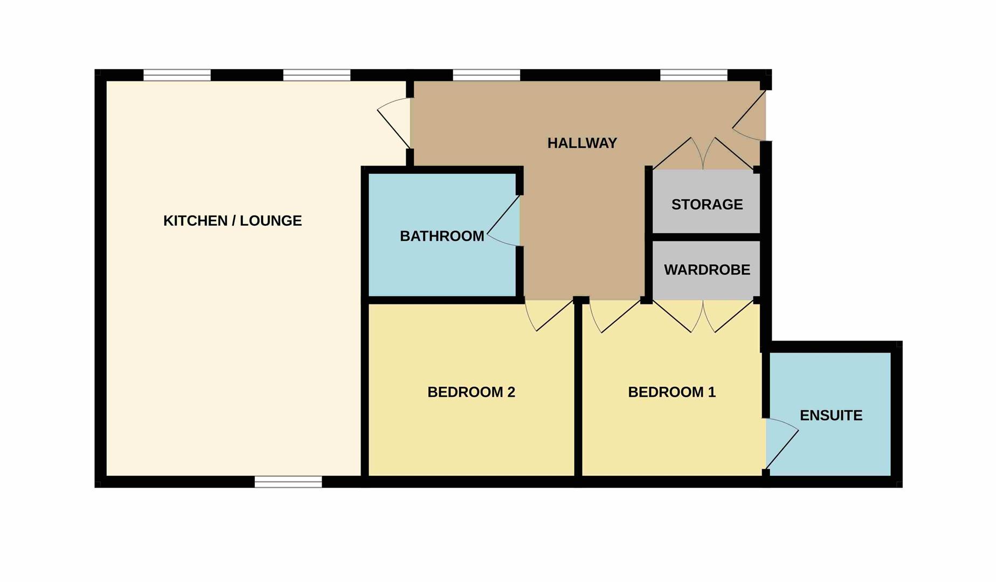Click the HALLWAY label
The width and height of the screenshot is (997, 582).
click(582, 143)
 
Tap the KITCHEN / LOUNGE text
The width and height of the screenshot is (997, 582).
click(232, 221)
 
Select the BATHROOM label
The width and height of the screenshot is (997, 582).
click(442, 236)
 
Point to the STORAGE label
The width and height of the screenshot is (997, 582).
click(707, 205)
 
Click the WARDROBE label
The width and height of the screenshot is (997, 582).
click(707, 270)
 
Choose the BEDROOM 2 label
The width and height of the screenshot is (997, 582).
click(472, 392)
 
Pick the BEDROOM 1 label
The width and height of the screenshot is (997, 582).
click(672, 392)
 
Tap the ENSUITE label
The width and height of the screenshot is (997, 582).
click(831, 415)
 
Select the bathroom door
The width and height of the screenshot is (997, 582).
click(503, 222)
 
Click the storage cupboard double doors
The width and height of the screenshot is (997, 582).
click(703, 154)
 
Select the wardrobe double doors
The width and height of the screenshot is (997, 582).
click(703, 316)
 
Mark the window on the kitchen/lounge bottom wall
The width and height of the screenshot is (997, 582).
click(288, 482)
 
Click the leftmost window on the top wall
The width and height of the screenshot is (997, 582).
click(177, 75)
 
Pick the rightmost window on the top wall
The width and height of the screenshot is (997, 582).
click(694, 75)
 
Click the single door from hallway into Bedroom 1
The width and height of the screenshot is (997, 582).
click(614, 316)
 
